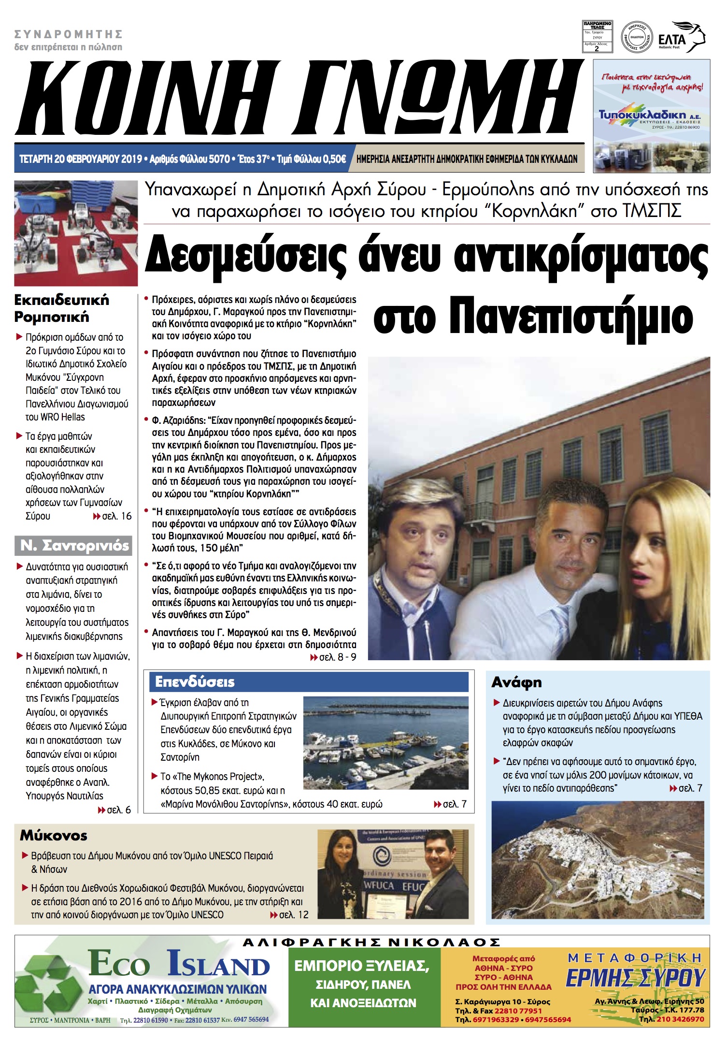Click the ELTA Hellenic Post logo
click(681, 37)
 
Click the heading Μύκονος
click(54, 836)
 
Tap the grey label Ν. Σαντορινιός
click(74, 546)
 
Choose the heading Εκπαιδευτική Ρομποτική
click(61, 308)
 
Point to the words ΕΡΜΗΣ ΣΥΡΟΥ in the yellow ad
click(636, 978)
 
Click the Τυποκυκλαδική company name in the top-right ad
click(642, 115)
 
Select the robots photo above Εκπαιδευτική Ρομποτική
click(76, 233)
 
